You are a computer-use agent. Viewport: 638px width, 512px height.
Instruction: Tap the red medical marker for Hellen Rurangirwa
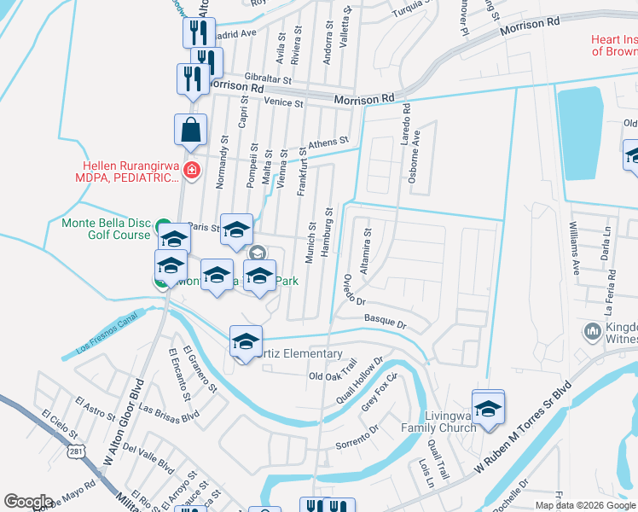[192, 171]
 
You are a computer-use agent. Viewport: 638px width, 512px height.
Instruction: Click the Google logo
[28, 502]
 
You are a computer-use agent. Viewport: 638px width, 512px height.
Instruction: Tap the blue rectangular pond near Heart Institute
[579, 132]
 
